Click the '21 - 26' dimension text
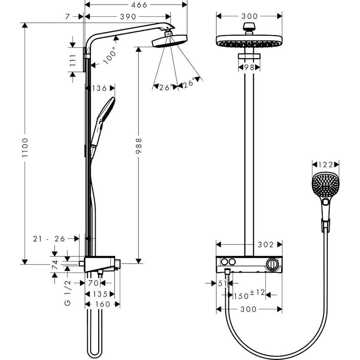(49, 238)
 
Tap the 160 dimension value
(103, 304)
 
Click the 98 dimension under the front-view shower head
(249, 67)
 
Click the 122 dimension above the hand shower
(326, 164)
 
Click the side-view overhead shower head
(169, 42)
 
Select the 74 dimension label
(55, 265)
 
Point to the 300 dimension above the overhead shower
(249, 16)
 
